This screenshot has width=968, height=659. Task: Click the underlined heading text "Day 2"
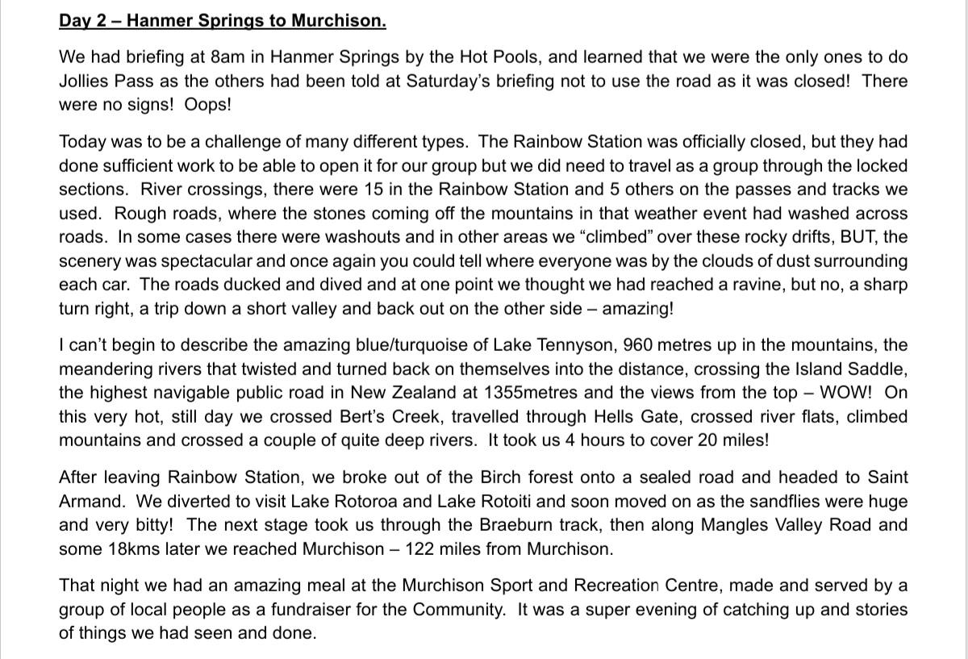click(x=83, y=21)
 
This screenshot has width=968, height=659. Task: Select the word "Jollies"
click(x=86, y=81)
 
